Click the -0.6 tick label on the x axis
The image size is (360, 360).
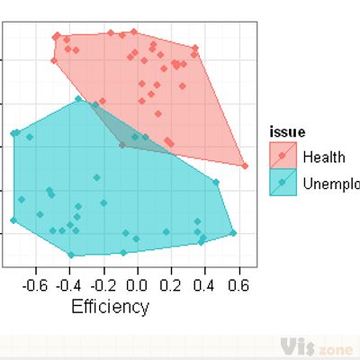coord(34,285)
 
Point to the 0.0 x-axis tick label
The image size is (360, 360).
coord(137,285)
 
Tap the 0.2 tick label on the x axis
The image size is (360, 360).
coord(171,285)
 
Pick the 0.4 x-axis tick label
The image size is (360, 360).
coord(205,285)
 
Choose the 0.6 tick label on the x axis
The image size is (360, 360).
coord(238,285)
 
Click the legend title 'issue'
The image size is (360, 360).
coord(287,132)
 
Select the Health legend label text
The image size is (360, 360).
coord(324,157)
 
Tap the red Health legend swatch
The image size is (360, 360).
coord(283,157)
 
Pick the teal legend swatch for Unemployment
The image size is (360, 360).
coord(283,183)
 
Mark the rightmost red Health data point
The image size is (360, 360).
coord(244,166)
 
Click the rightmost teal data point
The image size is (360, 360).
coord(232,233)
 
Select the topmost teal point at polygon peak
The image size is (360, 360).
coord(79,99)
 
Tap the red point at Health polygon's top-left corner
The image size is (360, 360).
coord(57,36)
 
